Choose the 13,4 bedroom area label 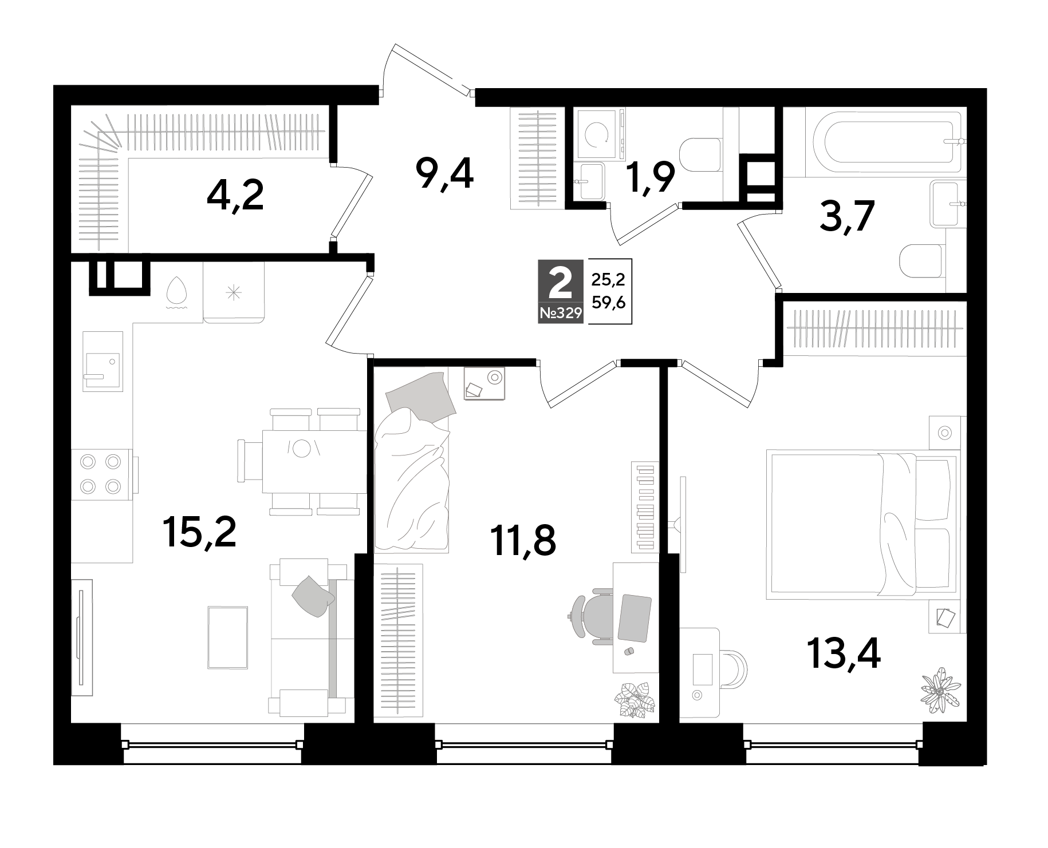click(x=844, y=653)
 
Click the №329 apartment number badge click(x=560, y=312)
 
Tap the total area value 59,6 click(x=608, y=302)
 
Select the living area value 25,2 click(x=608, y=280)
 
